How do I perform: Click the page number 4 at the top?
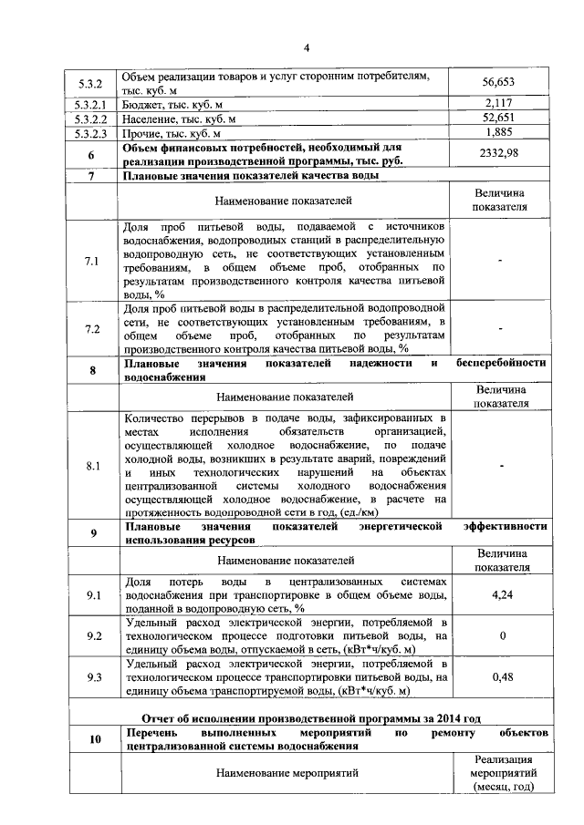pyautogui.click(x=307, y=47)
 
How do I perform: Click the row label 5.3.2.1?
pyautogui.click(x=91, y=102)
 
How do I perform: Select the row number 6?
pyautogui.click(x=91, y=153)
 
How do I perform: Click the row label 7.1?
pyautogui.click(x=91, y=262)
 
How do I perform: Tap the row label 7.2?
pyautogui.click(x=91, y=329)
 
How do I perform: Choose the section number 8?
pyautogui.click(x=91, y=370)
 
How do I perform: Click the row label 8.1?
pyautogui.click(x=91, y=466)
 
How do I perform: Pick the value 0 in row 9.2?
pyautogui.click(x=501, y=635)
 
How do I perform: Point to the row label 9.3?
pyautogui.click(x=91, y=677)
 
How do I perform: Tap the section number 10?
pyautogui.click(x=92, y=739)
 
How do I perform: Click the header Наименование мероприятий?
pyautogui.click(x=286, y=773)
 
